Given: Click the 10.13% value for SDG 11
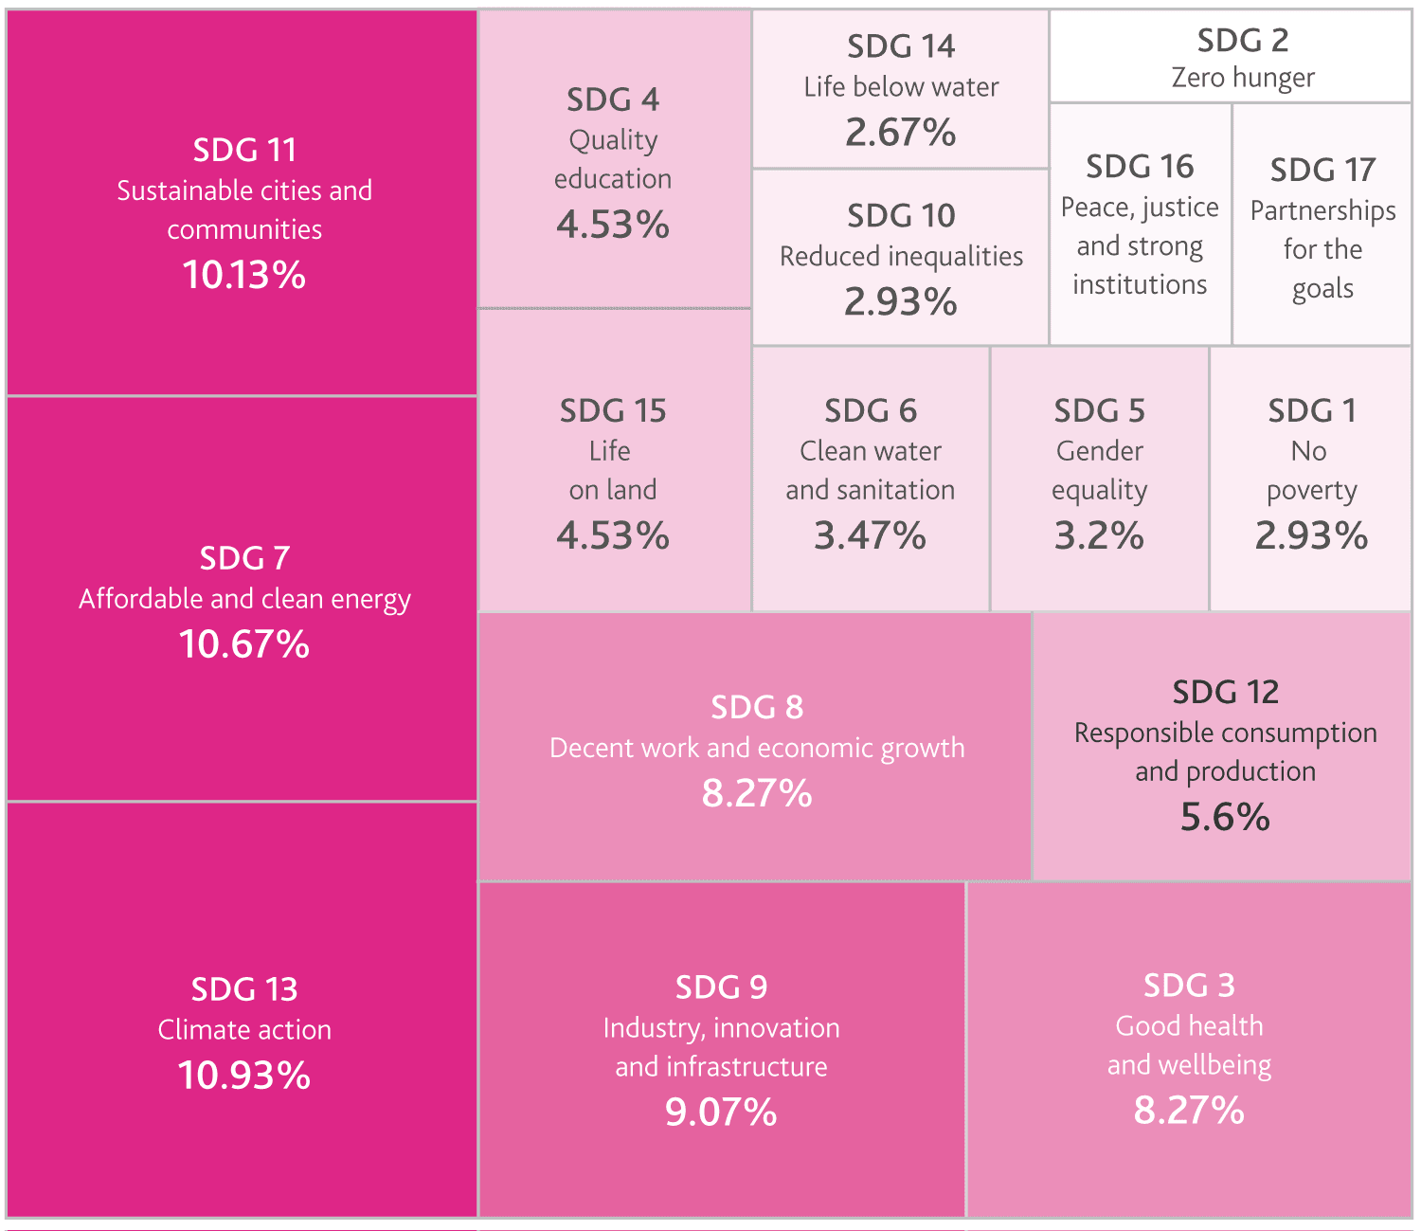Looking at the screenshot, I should pos(244,275).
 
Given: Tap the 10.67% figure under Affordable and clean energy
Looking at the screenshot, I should pos(244,644).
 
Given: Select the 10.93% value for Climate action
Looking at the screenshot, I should pos(244,1076).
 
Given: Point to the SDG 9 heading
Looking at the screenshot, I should pos(721,987).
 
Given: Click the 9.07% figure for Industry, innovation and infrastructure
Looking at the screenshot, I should pos(721,1112).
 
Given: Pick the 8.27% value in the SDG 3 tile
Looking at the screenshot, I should pos(1189,1110).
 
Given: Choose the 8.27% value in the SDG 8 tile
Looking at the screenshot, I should pos(757,793).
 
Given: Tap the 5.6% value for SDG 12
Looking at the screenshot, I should pos(1225,817).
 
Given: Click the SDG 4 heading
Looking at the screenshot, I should pos(613,100).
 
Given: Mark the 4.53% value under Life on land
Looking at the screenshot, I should pos(613,536).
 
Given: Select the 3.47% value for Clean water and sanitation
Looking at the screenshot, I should pos(870,536).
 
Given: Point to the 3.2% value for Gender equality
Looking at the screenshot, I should pos(1099,536).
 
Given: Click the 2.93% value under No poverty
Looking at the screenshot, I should pos(1311,536).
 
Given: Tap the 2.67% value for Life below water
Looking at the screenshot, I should pos(901,133).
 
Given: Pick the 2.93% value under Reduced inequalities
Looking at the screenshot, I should pos(901,302).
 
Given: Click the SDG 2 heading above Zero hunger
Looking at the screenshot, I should pos(1243,41).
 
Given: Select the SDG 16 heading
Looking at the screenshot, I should pos(1140,167).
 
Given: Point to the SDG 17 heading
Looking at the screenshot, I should pos(1322,171).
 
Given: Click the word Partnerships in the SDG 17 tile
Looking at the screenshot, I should pos(1322,210).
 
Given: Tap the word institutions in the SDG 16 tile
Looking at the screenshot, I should pos(1140,284).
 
